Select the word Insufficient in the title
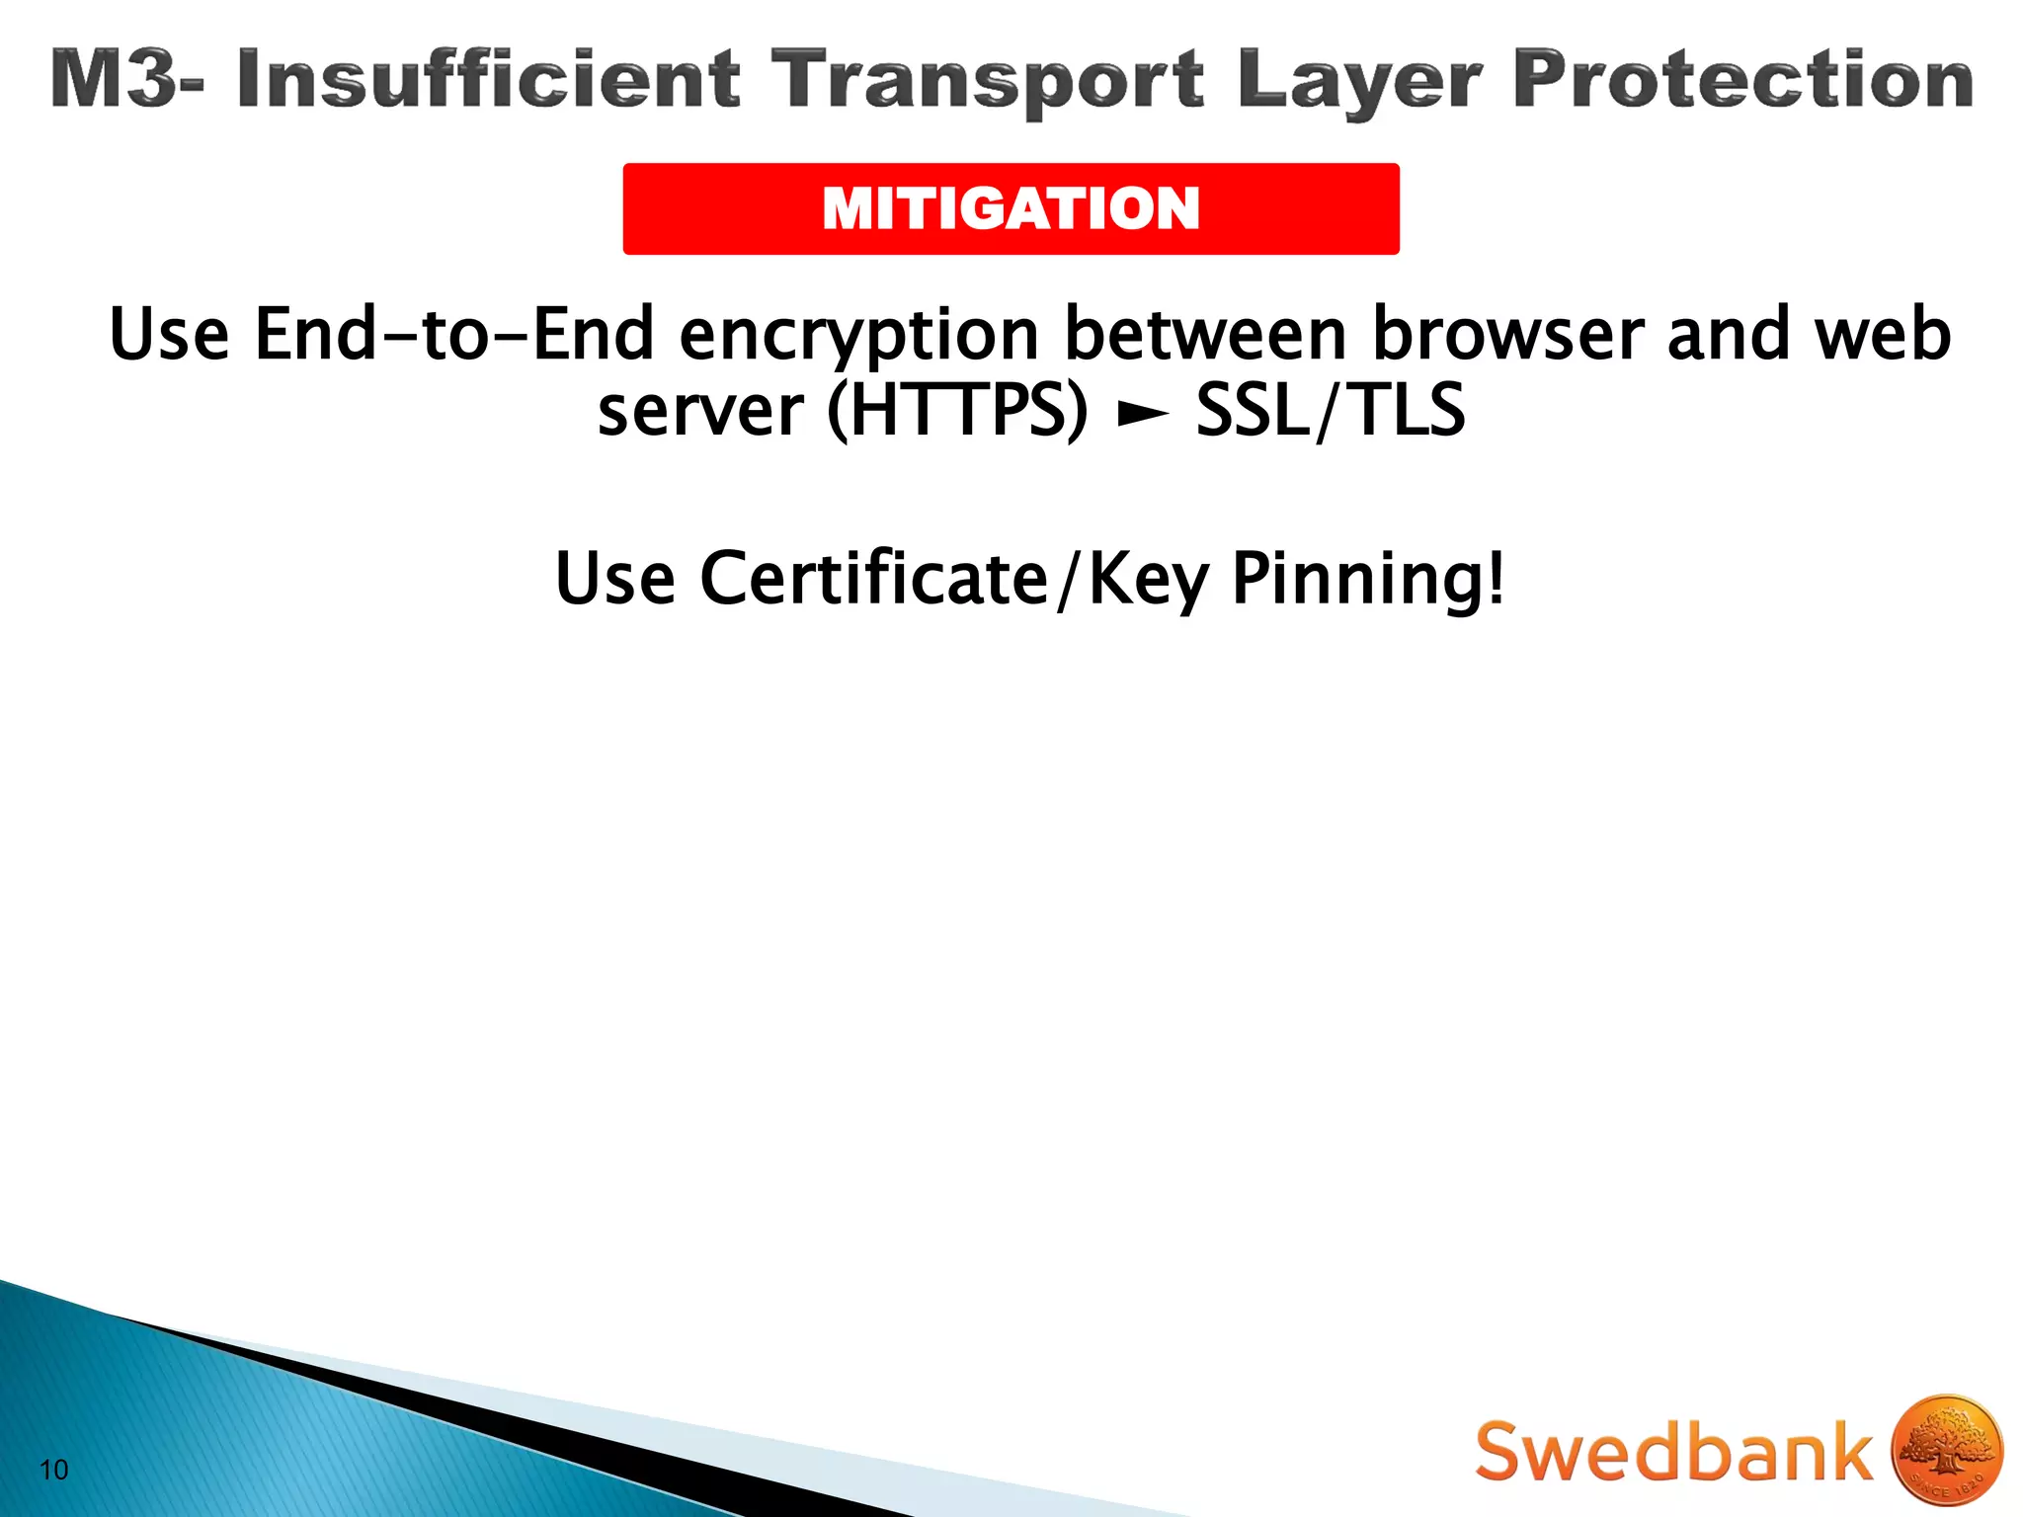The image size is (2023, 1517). coord(488,79)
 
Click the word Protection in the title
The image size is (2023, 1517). coord(1742,79)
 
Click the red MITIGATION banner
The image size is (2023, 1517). coord(1011,208)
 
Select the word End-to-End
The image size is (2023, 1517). coord(454,334)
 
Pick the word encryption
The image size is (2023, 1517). coord(858,336)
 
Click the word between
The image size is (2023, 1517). coord(1205,334)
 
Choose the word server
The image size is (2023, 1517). coord(699,410)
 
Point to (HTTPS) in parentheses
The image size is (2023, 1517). coord(957,411)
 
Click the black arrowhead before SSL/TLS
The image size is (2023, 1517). coord(1142,415)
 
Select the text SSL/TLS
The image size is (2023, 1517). coord(1330,411)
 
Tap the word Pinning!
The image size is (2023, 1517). coord(1369,579)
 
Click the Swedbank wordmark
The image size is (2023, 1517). coord(1673,1451)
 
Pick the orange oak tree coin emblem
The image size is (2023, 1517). coord(1946,1450)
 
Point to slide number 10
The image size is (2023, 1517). coord(54,1470)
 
